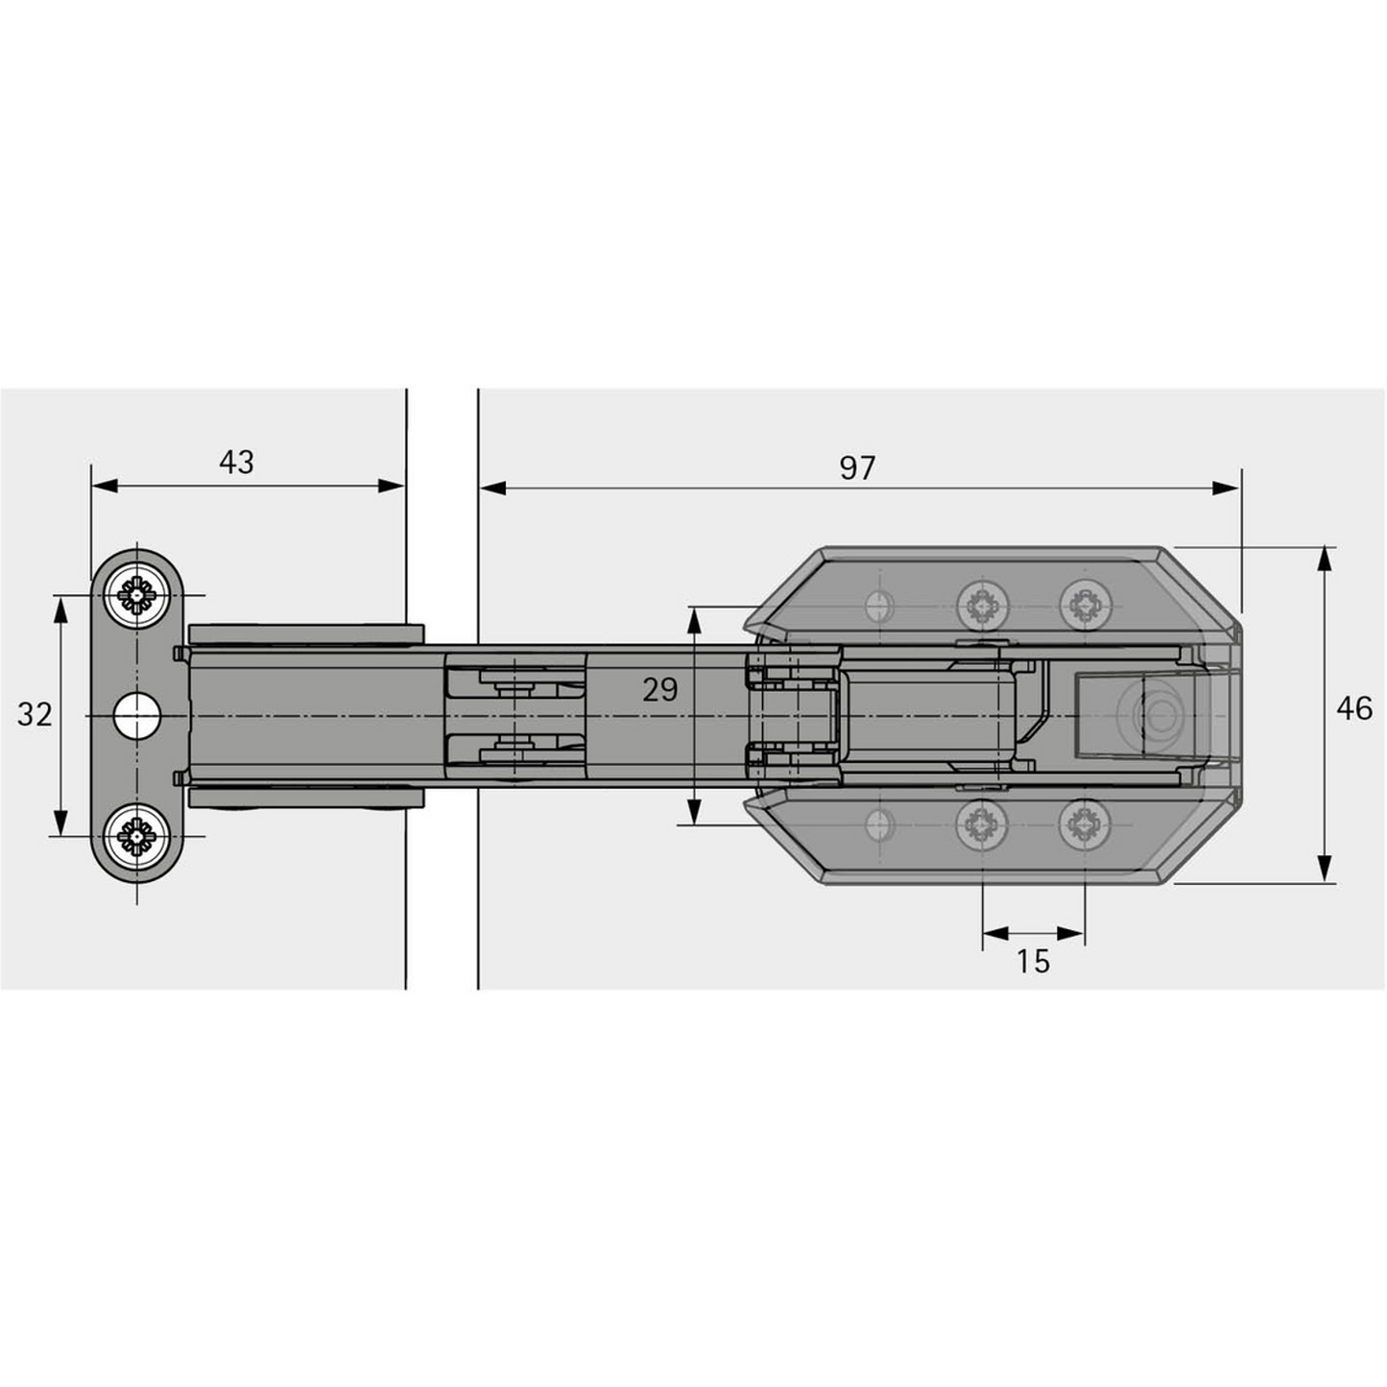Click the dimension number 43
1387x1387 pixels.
(x=236, y=463)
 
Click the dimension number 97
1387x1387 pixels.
(x=857, y=468)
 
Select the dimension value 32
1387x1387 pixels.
(x=35, y=715)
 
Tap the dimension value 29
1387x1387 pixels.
(x=660, y=690)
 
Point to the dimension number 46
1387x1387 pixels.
(x=1354, y=709)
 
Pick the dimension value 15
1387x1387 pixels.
(x=1034, y=962)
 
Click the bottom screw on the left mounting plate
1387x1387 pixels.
(x=137, y=835)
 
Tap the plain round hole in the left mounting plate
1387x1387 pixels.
(x=135, y=716)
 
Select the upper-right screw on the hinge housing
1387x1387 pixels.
(x=1085, y=606)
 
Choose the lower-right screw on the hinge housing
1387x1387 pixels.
(x=1085, y=824)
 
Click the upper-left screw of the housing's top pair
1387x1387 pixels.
(x=982, y=606)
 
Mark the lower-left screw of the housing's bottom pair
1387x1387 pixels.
(x=982, y=824)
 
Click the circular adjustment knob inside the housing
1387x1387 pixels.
(x=1160, y=716)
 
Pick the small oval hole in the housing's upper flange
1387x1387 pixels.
(x=876, y=606)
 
